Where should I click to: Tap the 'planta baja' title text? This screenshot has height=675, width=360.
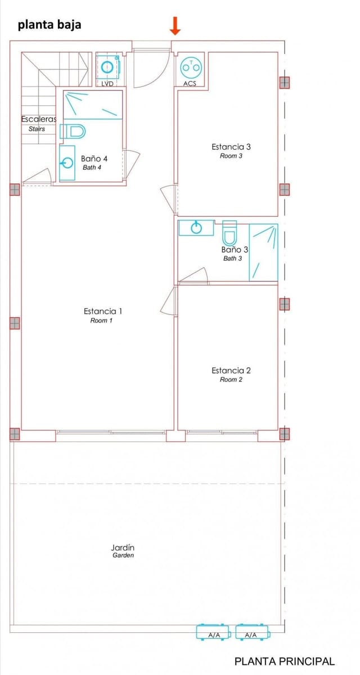coord(49,25)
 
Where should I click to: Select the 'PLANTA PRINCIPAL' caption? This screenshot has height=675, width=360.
coord(284,661)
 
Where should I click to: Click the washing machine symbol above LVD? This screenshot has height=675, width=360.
coord(107,67)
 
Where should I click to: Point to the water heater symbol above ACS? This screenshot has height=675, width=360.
coord(191,67)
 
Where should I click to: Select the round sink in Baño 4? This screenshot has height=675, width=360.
coord(67,163)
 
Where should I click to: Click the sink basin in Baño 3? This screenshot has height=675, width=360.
coord(196,228)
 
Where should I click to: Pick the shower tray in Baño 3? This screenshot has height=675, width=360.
coord(264,252)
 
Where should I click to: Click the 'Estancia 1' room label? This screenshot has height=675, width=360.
coord(103,311)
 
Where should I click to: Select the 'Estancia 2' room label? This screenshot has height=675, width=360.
coord(231,370)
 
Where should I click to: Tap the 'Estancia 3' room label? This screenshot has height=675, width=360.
coord(231,147)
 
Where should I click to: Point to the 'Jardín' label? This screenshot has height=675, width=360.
coord(123,547)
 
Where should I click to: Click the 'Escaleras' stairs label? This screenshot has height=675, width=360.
coord(38,119)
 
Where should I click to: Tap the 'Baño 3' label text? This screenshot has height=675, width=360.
coord(235,249)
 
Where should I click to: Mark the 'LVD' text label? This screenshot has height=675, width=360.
coord(107,84)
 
